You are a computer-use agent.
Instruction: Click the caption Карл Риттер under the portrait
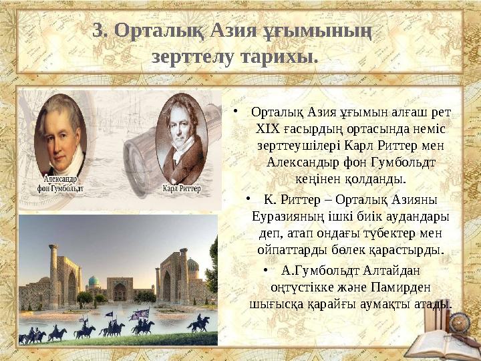pos(182,189)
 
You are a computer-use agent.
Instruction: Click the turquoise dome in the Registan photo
pos(94,281)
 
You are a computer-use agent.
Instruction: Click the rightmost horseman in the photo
pos(198,325)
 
